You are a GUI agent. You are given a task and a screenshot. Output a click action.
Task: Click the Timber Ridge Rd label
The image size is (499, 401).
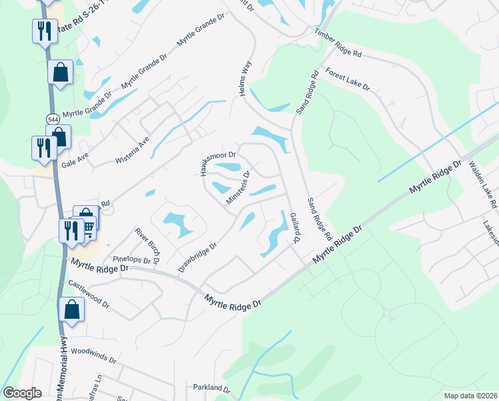point(338,42)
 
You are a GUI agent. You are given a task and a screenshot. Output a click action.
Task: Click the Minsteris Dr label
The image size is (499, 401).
point(237,188)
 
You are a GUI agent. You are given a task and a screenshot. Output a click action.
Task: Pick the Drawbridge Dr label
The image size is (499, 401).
point(198,257)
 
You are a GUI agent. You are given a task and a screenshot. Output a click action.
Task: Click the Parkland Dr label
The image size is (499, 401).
point(211,388)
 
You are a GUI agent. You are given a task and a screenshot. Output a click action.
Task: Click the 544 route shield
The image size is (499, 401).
point(53,118)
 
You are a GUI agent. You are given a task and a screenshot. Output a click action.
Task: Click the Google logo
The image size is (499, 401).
point(22,393)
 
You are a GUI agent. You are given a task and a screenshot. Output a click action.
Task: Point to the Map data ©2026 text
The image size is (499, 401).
point(470,396)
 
